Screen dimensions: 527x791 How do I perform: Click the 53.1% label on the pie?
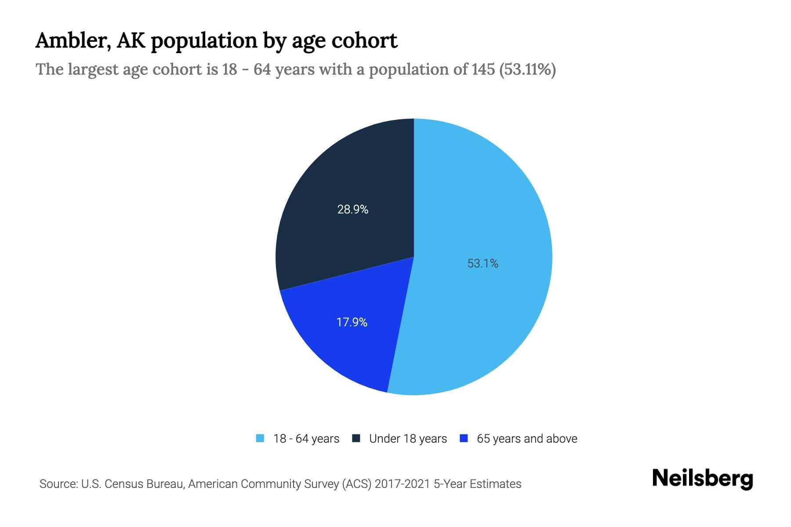pos(483,263)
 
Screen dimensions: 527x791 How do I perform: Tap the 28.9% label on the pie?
pos(352,209)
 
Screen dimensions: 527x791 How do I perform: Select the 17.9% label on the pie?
pos(352,322)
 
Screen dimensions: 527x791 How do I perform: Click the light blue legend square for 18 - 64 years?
pos(260,438)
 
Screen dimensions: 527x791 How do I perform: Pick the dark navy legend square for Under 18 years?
pos(356,438)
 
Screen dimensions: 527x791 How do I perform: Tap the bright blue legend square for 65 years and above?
pos(463,438)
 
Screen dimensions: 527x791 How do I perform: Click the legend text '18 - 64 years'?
pos(306,439)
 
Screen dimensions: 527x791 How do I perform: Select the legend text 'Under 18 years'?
pos(408,439)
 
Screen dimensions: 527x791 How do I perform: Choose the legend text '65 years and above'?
pos(527,439)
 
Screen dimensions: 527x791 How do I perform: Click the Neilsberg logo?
pos(702,479)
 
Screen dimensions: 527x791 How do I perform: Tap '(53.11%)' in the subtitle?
pos(527,69)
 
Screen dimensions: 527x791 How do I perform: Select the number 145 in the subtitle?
pos(483,69)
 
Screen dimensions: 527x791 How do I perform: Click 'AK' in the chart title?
pos(131,41)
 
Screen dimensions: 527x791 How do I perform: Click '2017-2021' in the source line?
pos(403,484)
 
